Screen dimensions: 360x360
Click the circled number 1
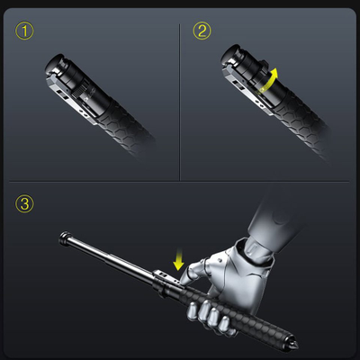(x=24, y=31)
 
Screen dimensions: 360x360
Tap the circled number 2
(x=202, y=31)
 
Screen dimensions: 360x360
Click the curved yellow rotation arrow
(x=267, y=80)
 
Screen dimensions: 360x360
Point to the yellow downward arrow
(x=179, y=259)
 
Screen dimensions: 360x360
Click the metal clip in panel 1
(x=71, y=100)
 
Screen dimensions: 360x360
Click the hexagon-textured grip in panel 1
(x=126, y=129)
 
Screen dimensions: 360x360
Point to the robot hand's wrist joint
(x=258, y=253)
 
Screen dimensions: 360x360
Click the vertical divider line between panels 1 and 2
(x=180, y=102)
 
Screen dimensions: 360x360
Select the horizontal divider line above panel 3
(x=179, y=182)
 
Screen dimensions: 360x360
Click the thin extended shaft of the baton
(x=112, y=258)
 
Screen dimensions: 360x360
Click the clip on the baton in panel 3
(x=166, y=277)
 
